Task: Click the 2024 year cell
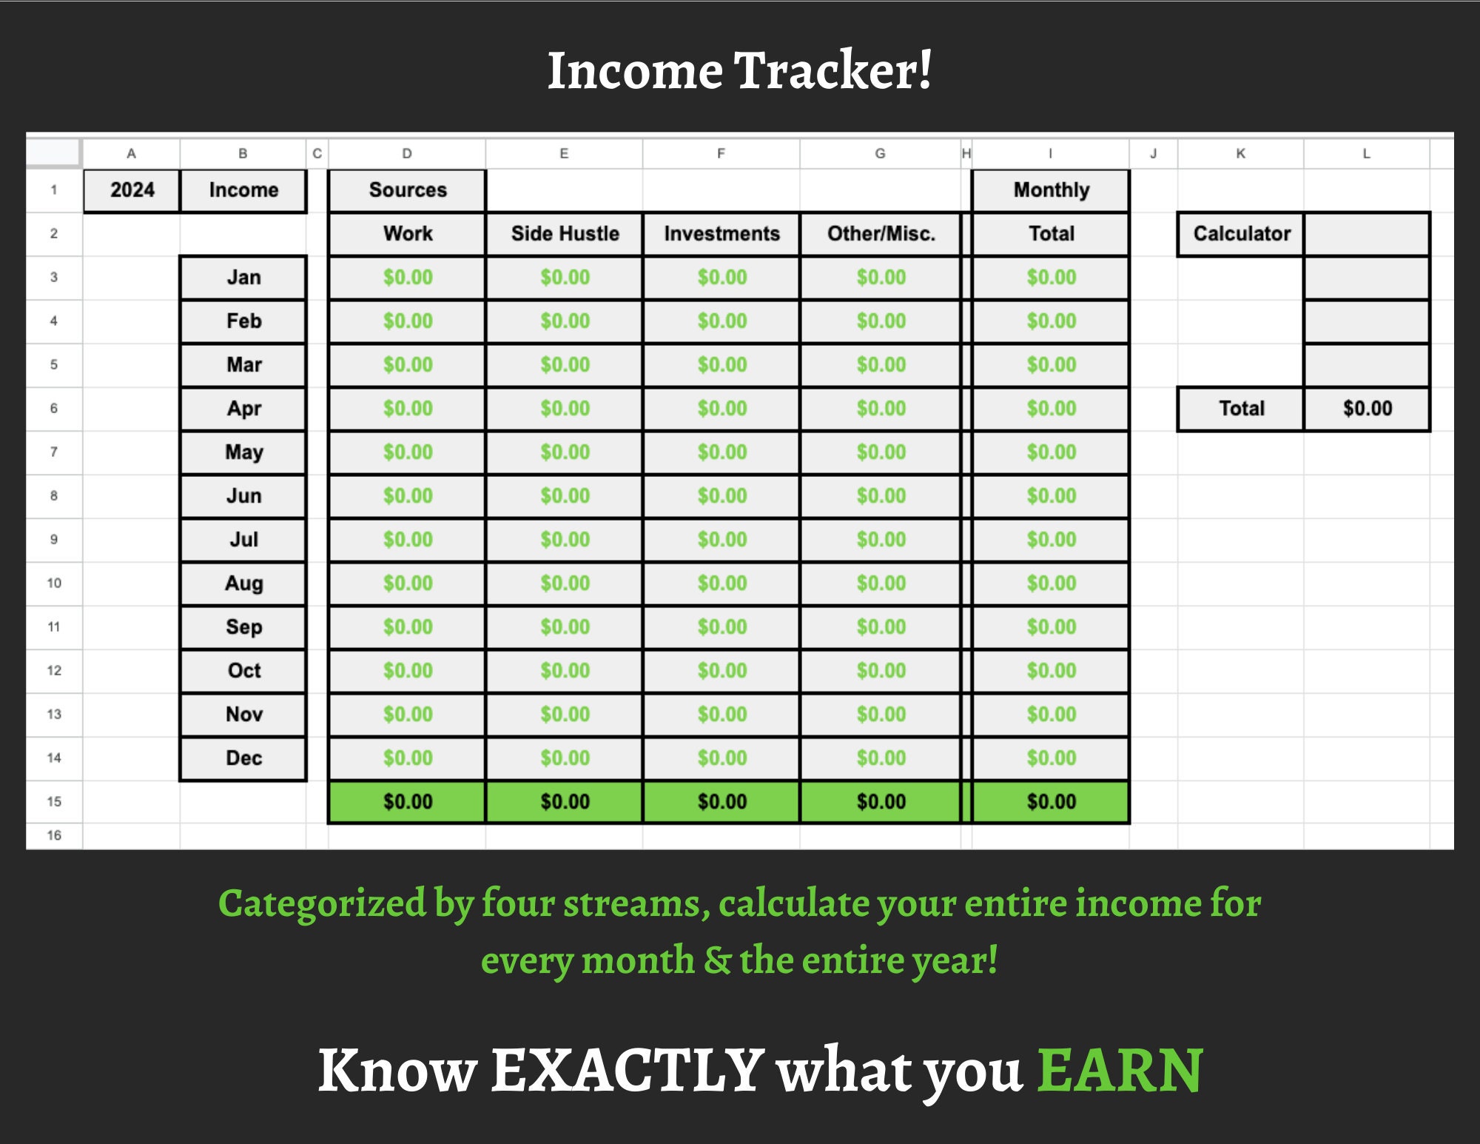[132, 190]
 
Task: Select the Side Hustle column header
[565, 234]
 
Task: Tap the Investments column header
[721, 234]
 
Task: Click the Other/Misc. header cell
[881, 234]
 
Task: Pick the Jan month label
[243, 278]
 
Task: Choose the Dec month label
[243, 758]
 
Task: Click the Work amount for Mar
[408, 365]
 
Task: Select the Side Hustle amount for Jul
[565, 540]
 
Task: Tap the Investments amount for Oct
[721, 671]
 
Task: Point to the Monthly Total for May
[1051, 452]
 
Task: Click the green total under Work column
[408, 802]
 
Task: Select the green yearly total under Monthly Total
[1051, 802]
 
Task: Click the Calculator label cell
[1241, 234]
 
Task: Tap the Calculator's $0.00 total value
[1367, 409]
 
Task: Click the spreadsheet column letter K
[1240, 153]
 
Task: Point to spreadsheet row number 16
[54, 835]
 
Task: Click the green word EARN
[1120, 1071]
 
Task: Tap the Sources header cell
[408, 190]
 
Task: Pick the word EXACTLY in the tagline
[628, 1071]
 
